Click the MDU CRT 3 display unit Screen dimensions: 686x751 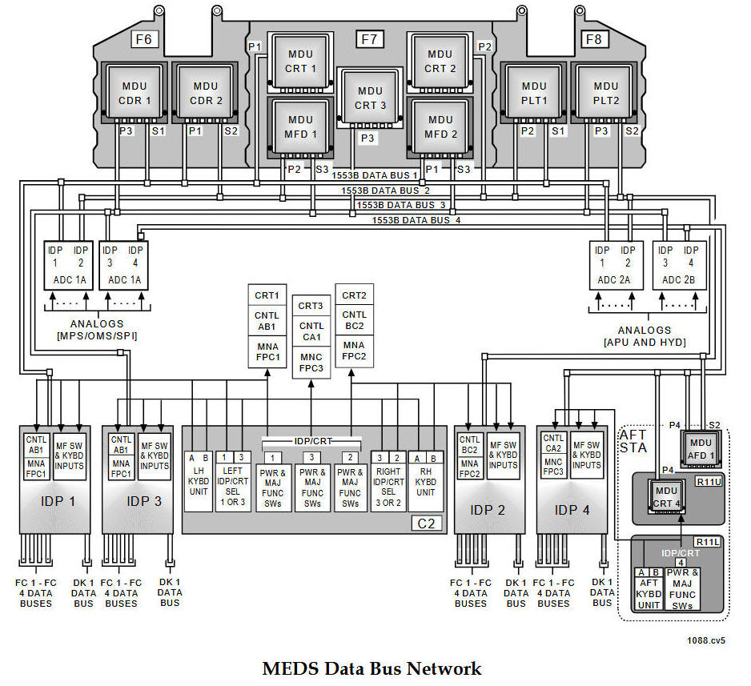click(370, 98)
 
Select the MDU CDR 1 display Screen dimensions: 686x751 click(135, 93)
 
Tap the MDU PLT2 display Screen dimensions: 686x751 click(606, 93)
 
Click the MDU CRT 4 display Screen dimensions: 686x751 click(665, 496)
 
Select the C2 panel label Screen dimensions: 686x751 click(426, 524)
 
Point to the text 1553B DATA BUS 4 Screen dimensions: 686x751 click(416, 219)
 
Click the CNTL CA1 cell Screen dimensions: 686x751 click(311, 331)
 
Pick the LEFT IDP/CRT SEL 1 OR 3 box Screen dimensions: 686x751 click(233, 486)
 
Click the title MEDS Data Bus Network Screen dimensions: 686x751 click(372, 668)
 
